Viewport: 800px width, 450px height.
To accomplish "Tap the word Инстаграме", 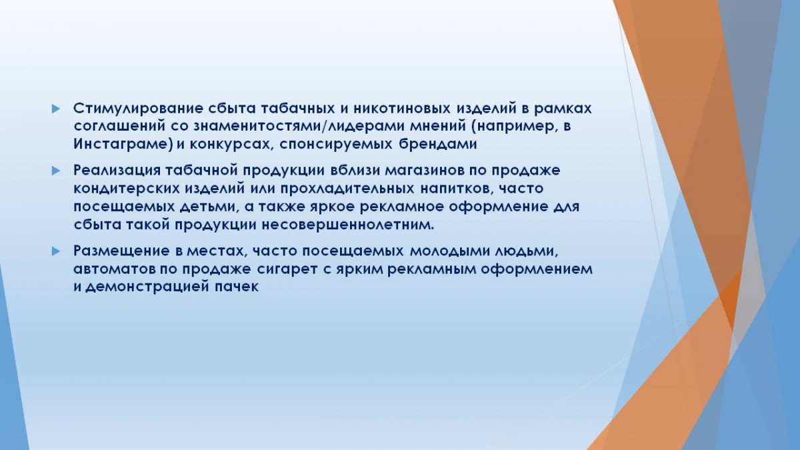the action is click(x=121, y=144).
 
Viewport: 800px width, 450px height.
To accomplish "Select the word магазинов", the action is click(x=425, y=171).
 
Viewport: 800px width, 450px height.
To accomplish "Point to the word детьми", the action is click(x=208, y=207).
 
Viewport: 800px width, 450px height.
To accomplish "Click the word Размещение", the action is click(x=121, y=251).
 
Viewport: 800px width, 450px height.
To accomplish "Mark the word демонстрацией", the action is click(x=147, y=287).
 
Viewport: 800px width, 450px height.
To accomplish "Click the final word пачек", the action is click(x=236, y=287).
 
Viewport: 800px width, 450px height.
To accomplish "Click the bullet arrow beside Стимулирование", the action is click(x=55, y=109).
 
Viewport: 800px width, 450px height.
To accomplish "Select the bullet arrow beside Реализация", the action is click(x=55, y=171).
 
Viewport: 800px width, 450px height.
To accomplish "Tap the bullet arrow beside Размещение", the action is click(x=55, y=251).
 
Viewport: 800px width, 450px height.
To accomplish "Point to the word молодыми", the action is click(x=448, y=251).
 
